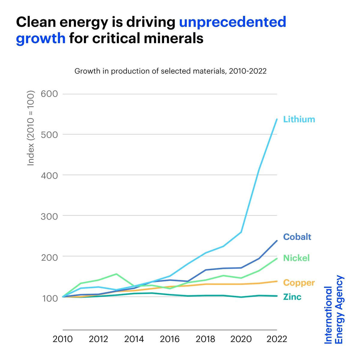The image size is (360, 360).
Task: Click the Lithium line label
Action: [299, 119]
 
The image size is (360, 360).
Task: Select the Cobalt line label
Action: [297, 237]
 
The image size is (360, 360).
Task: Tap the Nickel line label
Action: [296, 258]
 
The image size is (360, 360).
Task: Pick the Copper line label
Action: [299, 283]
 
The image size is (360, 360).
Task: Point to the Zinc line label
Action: [292, 297]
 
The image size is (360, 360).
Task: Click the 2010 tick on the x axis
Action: [63, 339]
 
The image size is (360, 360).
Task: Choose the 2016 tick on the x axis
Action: [170, 339]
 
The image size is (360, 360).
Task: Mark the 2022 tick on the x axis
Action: [277, 339]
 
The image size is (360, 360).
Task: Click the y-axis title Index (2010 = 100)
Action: [31, 128]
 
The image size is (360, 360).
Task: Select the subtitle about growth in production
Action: [170, 71]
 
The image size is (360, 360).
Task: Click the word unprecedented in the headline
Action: [232, 22]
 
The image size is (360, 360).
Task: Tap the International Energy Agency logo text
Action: [334, 310]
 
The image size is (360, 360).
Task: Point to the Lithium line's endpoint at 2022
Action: [277, 119]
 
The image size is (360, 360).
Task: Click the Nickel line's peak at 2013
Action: [116, 274]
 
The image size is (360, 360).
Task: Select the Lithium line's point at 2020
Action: [241, 232]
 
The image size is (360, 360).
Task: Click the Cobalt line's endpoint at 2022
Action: [277, 241]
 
